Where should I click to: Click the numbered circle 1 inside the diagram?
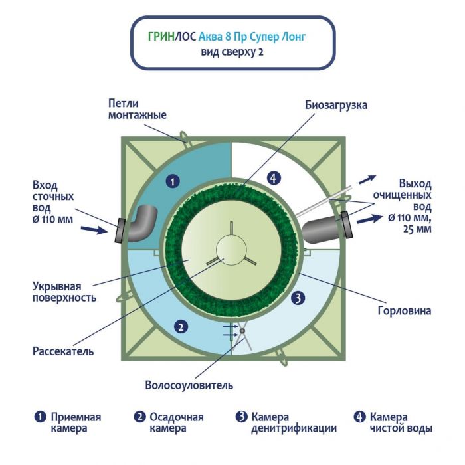tap(172, 180)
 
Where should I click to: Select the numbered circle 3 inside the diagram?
tap(298, 298)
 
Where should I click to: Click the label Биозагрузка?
tap(336, 105)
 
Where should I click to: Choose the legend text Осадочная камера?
tap(176, 422)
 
